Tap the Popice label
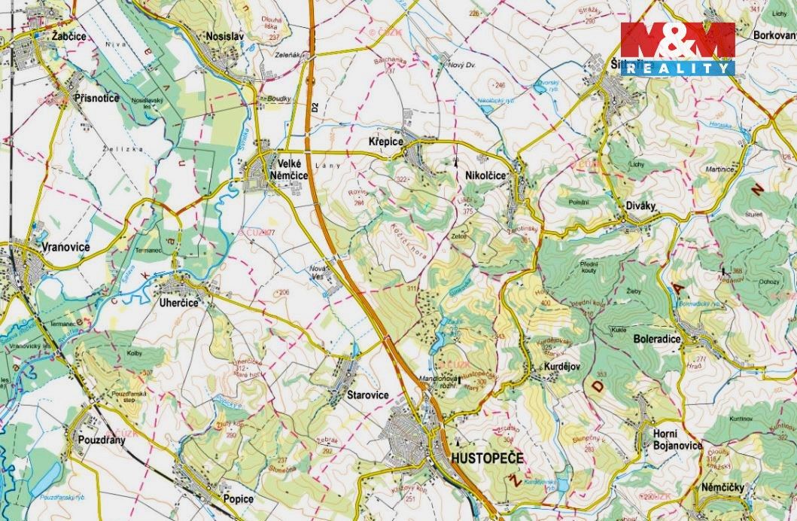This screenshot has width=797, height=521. click(x=237, y=498)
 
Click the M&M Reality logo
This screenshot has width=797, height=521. click(x=677, y=49)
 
